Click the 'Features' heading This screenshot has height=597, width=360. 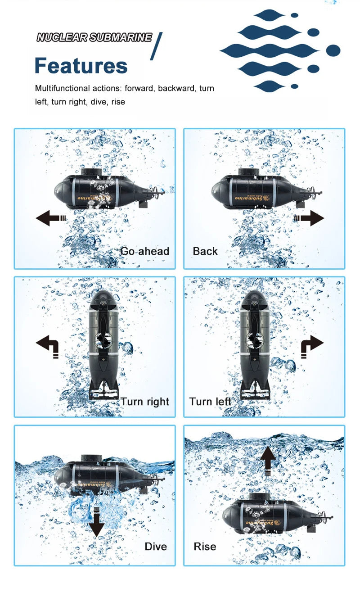click(81, 66)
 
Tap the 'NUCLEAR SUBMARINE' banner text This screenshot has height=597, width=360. click(94, 37)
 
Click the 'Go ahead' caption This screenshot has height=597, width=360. click(144, 251)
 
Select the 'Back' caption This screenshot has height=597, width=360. click(205, 251)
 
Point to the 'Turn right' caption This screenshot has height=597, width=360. click(144, 402)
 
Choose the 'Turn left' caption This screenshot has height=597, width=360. click(210, 402)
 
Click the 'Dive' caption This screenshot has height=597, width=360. click(156, 547)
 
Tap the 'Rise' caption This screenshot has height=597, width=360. click(205, 547)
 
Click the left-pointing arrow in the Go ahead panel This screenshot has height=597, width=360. click(50, 219)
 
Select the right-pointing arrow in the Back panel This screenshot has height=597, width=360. click(310, 219)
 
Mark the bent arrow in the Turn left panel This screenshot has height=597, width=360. click(312, 346)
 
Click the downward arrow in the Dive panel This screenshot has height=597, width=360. click(96, 522)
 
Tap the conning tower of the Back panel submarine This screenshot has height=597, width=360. click(248, 172)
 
